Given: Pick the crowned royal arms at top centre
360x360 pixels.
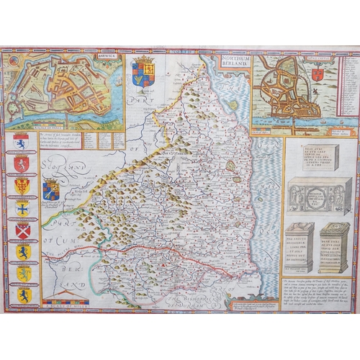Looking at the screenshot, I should point(143,74).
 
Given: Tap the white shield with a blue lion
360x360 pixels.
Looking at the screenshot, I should point(22,142).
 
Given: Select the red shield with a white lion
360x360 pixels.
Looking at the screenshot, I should point(22,164).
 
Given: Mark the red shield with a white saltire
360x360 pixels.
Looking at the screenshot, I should point(22,230).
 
